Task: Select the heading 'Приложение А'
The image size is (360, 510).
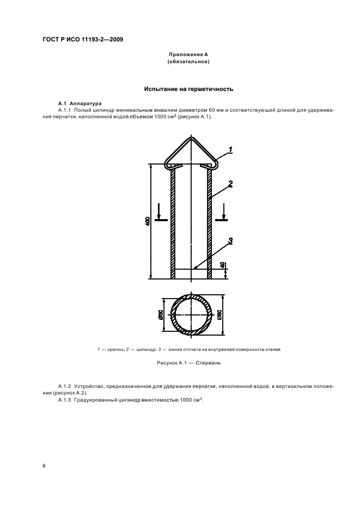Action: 188,54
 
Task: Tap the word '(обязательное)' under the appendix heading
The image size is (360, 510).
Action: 188,62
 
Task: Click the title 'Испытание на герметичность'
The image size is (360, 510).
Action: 188,88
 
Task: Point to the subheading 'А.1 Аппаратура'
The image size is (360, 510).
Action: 80,103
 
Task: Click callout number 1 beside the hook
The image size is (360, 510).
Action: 230,149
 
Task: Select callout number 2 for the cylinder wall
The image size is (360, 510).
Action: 230,184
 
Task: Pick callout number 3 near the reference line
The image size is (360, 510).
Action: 230,240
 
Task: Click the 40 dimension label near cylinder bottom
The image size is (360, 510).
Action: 222,265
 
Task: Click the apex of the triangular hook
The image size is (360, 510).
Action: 191,139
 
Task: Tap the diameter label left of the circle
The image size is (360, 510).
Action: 161,315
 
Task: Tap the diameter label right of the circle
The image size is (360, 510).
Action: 220,315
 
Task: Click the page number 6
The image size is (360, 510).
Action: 44,466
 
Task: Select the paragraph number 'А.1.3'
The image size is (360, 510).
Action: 65,400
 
